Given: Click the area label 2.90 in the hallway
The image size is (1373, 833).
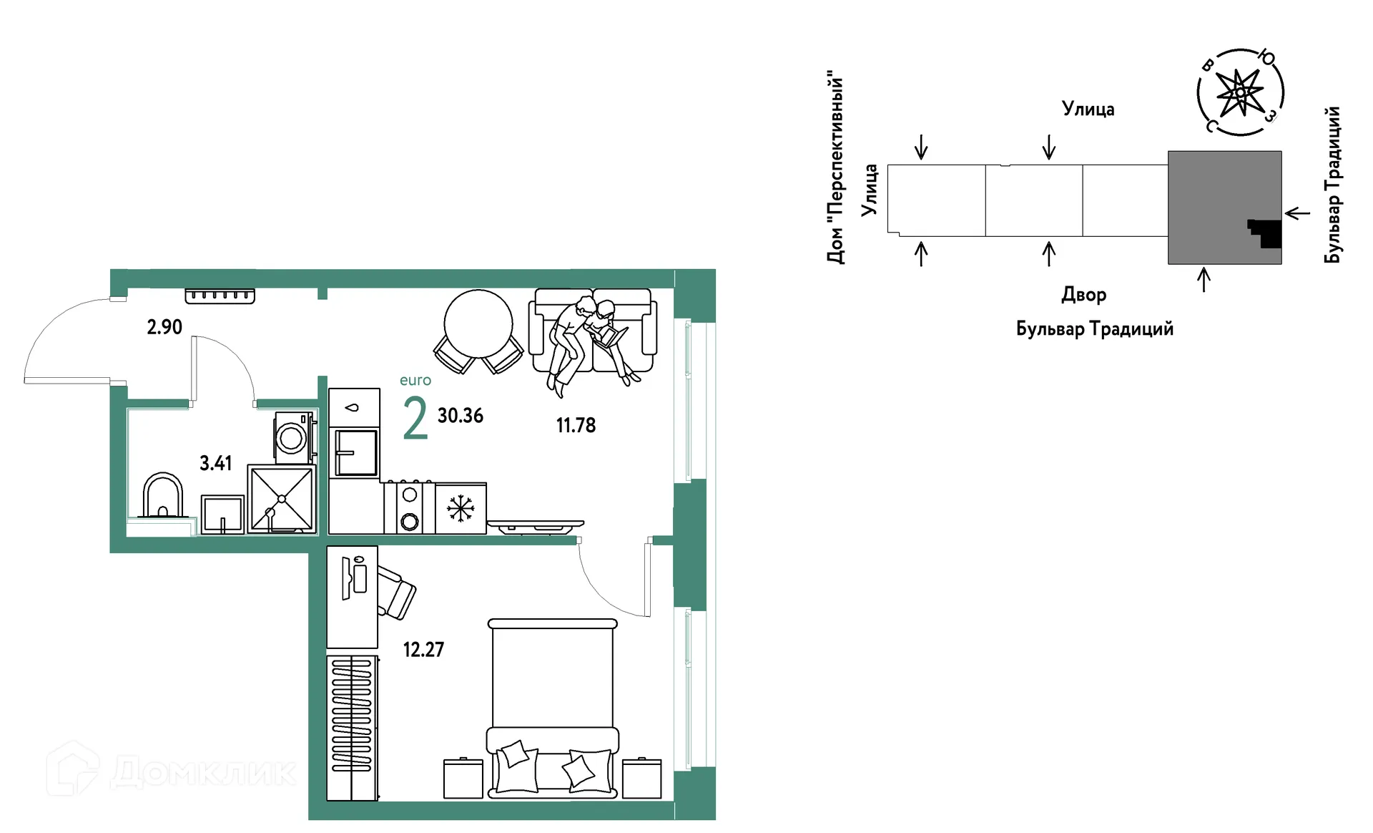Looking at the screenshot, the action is click(164, 327).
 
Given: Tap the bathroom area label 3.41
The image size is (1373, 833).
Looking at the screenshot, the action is click(215, 463).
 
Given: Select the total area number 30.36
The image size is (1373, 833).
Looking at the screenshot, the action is click(461, 415).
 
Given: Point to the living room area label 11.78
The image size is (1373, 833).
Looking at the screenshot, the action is click(576, 425).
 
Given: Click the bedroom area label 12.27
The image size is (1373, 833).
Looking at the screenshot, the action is click(423, 650).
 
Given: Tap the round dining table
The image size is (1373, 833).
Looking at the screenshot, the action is click(478, 323).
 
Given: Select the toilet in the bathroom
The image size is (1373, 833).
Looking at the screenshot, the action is click(163, 495).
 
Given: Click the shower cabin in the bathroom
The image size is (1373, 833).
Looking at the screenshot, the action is click(282, 499).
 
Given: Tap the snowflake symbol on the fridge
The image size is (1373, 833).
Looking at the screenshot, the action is click(461, 509).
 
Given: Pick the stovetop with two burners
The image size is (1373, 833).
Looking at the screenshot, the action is click(409, 507).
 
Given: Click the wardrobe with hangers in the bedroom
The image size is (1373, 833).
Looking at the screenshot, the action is click(352, 727).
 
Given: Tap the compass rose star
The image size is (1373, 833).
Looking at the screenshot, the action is click(1239, 92).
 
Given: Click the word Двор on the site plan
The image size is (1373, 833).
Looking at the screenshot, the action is click(1083, 295).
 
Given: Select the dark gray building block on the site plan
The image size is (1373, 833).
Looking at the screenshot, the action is click(1224, 208).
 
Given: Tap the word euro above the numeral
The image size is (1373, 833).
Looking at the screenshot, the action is click(415, 381).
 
